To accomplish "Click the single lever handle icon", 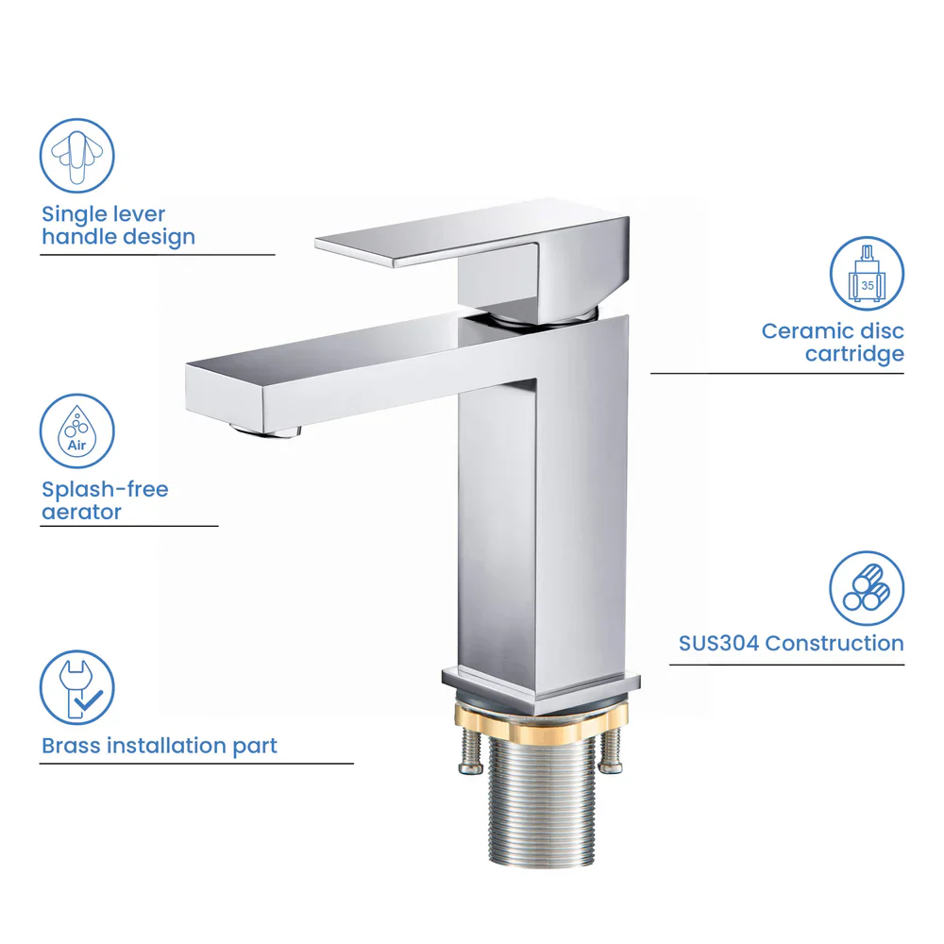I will [x=76, y=155].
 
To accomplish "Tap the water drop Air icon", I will [x=76, y=431].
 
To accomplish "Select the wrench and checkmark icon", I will [x=76, y=688].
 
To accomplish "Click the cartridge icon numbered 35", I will [x=867, y=274].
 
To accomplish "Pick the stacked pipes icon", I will [x=867, y=588].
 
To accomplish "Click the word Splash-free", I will [x=105, y=489].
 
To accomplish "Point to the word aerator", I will [x=81, y=513].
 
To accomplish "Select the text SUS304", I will [x=718, y=644].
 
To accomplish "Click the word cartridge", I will [x=854, y=354].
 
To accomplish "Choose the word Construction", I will [x=834, y=644].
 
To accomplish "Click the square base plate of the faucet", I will [x=541, y=687].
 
